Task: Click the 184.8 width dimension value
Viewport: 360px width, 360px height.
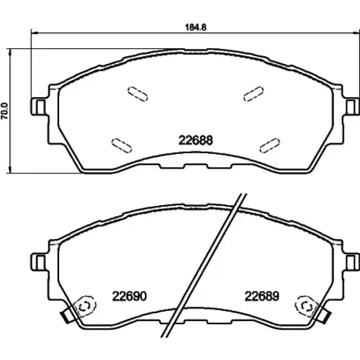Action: pyautogui.click(x=196, y=27)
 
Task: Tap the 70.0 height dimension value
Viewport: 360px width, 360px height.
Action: pyautogui.click(x=5, y=111)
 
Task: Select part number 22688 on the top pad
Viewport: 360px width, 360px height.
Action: pyautogui.click(x=196, y=140)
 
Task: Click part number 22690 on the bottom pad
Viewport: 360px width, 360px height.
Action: pyautogui.click(x=130, y=296)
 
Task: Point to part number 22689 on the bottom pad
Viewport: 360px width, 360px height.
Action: pyautogui.click(x=262, y=296)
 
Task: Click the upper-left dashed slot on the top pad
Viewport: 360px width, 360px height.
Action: pyautogui.click(x=138, y=94)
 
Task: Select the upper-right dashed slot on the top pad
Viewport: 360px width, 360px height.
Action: pyautogui.click(x=253, y=94)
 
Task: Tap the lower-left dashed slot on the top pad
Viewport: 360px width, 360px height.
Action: pyautogui.click(x=122, y=145)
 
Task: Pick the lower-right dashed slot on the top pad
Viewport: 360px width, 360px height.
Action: pyautogui.click(x=270, y=145)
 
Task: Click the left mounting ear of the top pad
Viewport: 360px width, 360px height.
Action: pyautogui.click(x=38, y=107)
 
